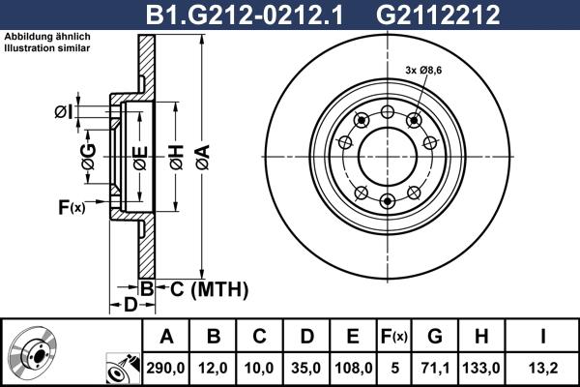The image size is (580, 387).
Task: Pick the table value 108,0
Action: (353, 367)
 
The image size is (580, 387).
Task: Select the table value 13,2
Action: (545, 367)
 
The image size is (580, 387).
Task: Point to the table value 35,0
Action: (306, 367)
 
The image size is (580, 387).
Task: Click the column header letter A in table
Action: (166, 336)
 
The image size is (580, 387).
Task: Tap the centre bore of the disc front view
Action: (388, 156)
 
